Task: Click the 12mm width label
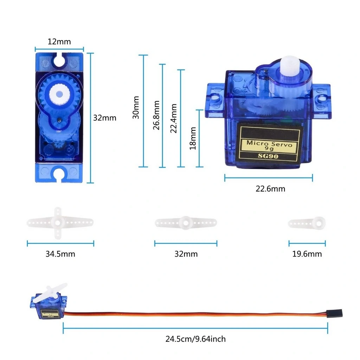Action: pos(59,42)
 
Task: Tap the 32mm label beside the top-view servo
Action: pos(104,118)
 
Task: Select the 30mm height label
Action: pos(136,108)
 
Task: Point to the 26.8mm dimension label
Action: pos(156,115)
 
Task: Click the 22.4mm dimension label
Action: pos(173,118)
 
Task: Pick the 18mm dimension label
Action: pos(193,138)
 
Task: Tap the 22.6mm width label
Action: pos(270,189)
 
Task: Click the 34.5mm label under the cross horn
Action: pos(60,254)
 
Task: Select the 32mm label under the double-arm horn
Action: pos(186,254)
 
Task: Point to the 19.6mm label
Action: pos(307,254)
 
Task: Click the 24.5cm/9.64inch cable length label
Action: pos(195,339)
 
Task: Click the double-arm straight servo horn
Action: pos(186,222)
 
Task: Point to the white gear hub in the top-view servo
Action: pos(59,94)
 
